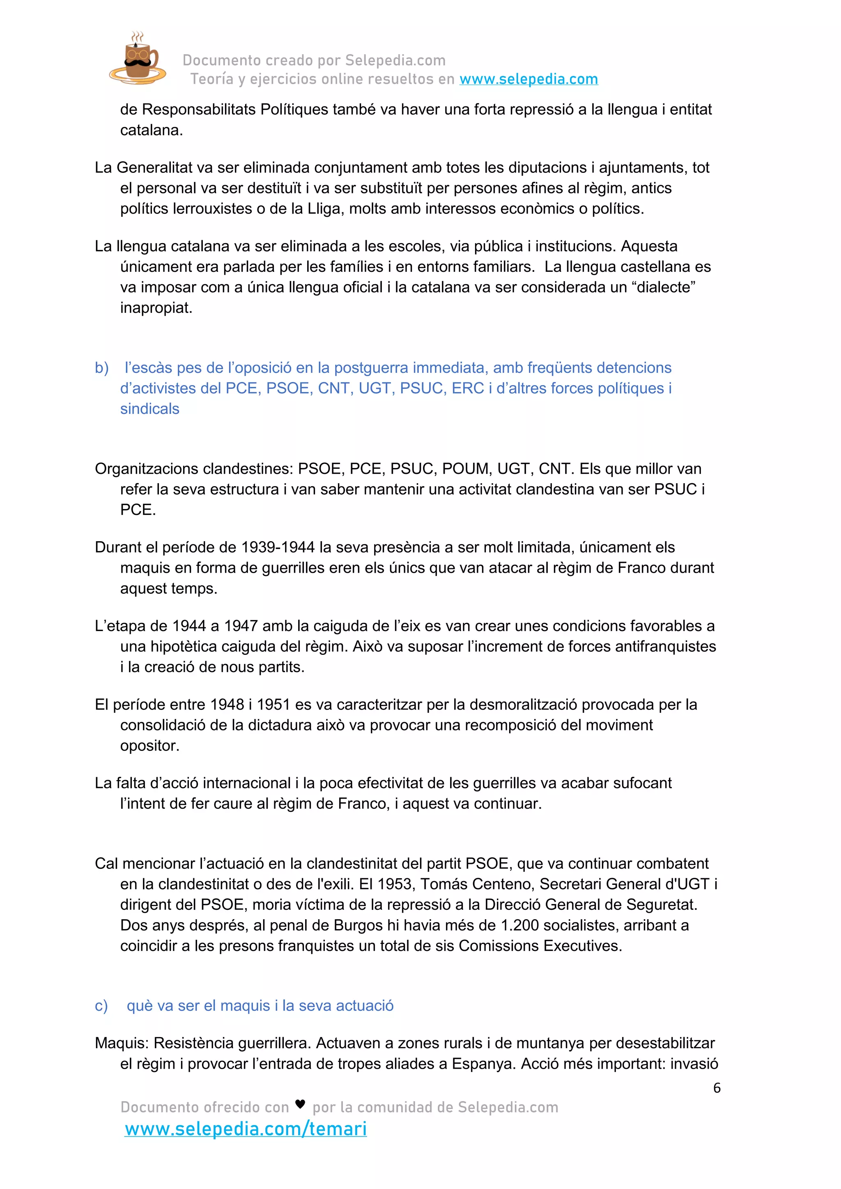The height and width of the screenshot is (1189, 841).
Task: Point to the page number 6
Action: point(717,1088)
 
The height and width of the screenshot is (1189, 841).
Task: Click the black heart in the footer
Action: point(300,1104)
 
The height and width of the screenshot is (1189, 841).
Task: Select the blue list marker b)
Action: point(101,368)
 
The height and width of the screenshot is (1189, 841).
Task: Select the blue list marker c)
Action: point(101,1005)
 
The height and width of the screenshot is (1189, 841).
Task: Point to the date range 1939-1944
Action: point(278,547)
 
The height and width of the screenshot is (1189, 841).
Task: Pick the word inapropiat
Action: point(156,308)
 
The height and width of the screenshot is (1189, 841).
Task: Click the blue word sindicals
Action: point(149,409)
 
